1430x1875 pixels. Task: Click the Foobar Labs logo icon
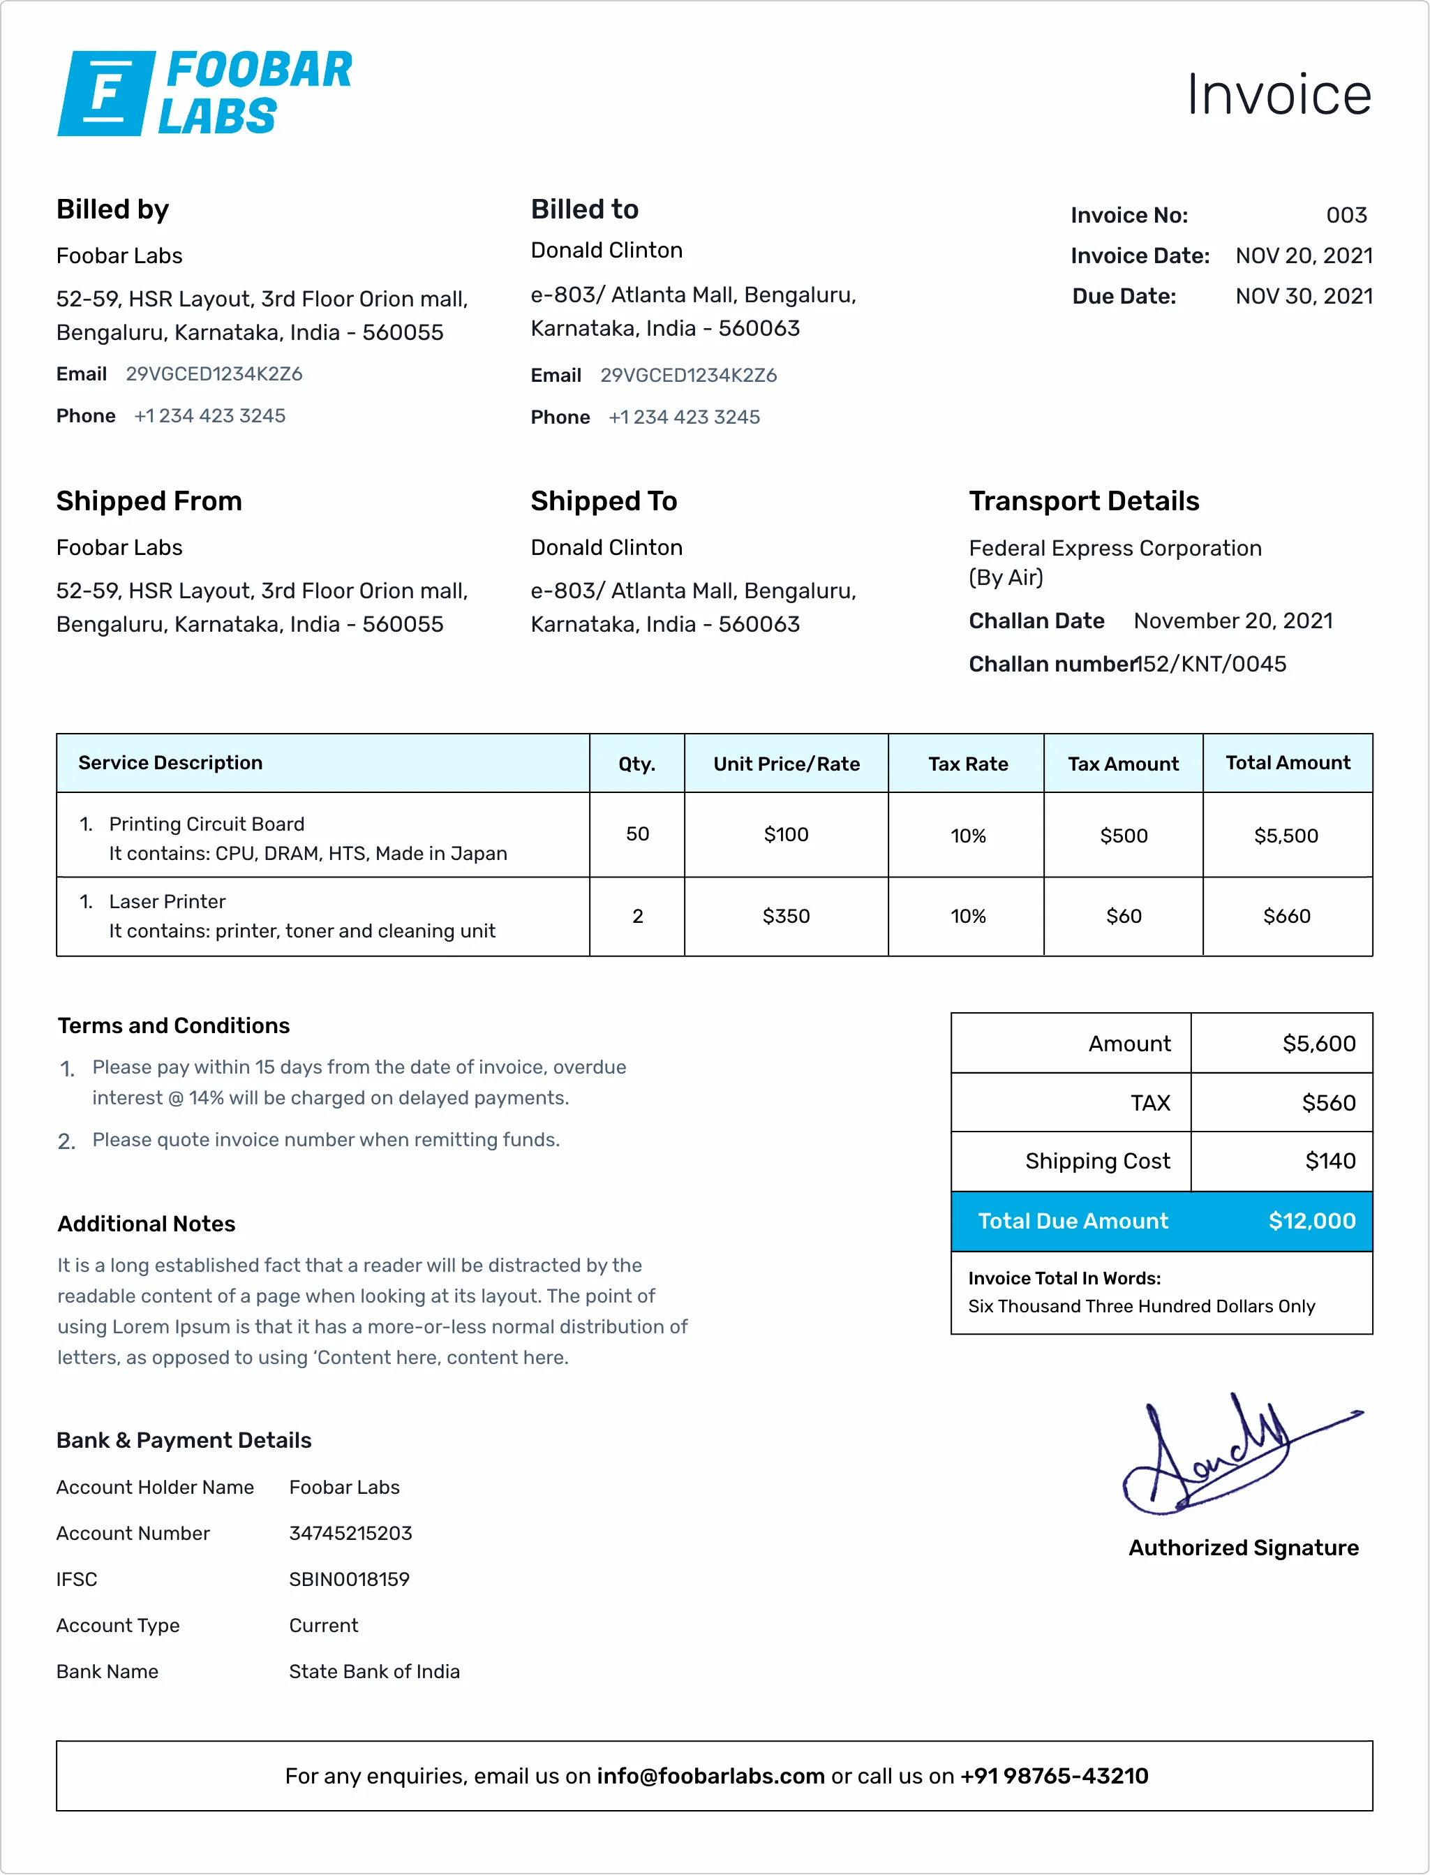(x=106, y=93)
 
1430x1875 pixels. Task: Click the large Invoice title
(x=1279, y=94)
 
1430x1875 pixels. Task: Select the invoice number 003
(x=1346, y=216)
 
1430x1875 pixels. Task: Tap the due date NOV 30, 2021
(x=1303, y=296)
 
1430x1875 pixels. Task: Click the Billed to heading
(x=584, y=209)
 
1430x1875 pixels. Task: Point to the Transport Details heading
(x=1084, y=501)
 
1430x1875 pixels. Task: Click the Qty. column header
(x=636, y=764)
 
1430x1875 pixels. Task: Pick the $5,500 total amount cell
(x=1286, y=836)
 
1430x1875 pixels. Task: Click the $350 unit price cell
(x=786, y=917)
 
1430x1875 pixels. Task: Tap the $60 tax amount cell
(x=1123, y=917)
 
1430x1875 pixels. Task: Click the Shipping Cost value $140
(x=1330, y=1162)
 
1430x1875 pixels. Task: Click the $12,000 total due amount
(x=1311, y=1221)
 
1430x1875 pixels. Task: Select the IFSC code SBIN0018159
(x=349, y=1580)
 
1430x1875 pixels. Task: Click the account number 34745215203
(x=350, y=1534)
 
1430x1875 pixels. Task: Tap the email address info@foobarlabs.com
(x=710, y=1777)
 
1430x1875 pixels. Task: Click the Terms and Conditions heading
(x=174, y=1026)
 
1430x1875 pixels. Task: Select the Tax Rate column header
(x=968, y=764)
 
